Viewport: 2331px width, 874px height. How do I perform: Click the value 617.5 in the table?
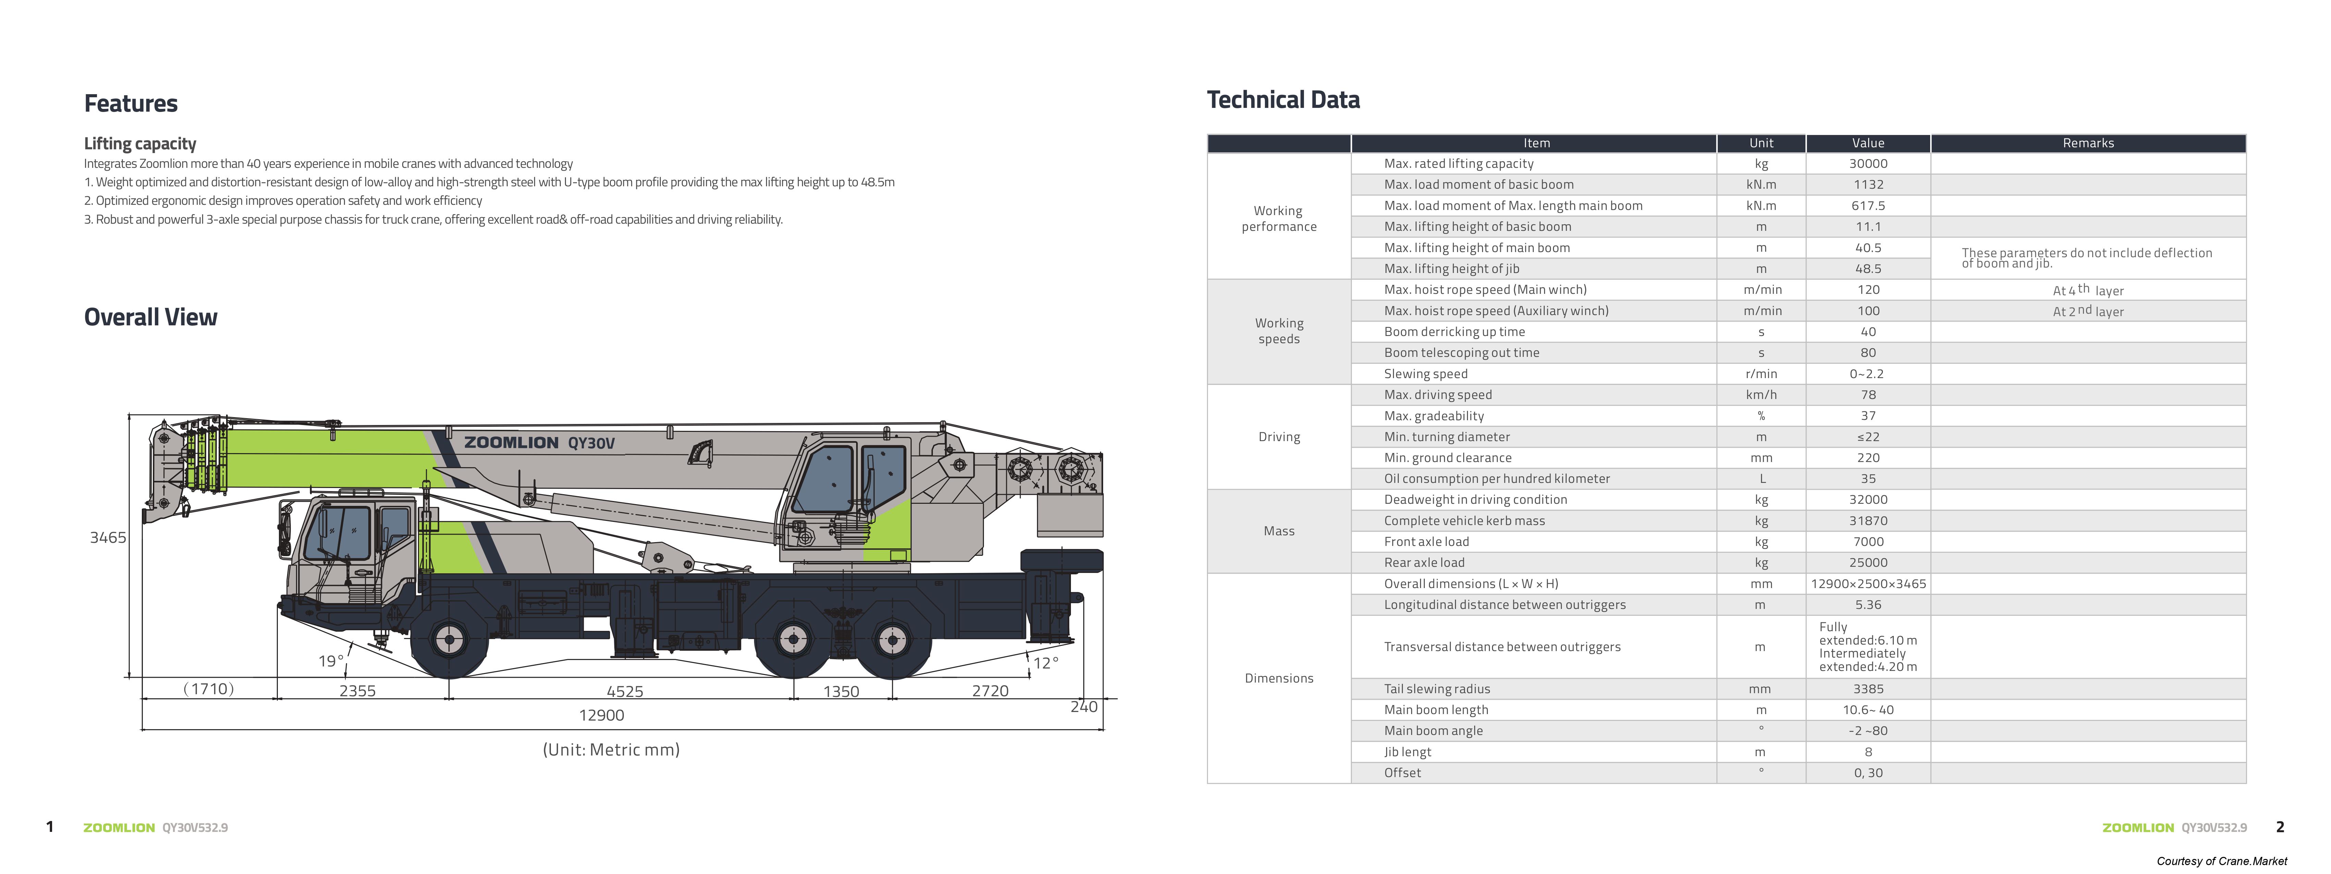(x=1868, y=205)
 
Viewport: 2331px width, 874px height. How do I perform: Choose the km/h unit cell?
(x=1761, y=395)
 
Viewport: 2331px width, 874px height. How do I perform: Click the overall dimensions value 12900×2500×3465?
(x=1868, y=584)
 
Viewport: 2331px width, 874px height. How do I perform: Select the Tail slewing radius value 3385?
(x=1868, y=688)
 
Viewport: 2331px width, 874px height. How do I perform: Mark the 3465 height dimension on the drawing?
(x=108, y=537)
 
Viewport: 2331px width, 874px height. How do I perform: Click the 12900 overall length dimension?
(x=602, y=715)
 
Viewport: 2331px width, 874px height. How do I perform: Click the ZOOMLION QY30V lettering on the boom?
(x=539, y=442)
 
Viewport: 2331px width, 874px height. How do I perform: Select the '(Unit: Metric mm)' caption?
(x=611, y=749)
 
